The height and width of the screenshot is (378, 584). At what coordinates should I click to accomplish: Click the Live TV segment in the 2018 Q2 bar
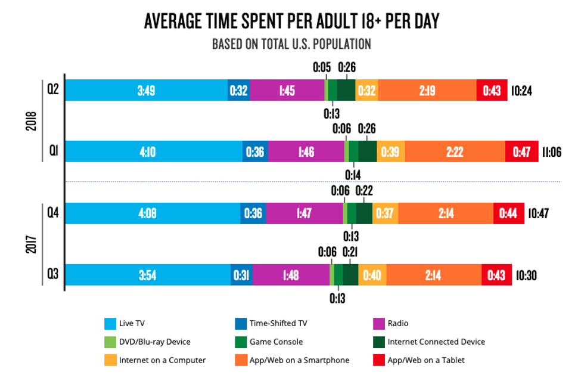coord(146,90)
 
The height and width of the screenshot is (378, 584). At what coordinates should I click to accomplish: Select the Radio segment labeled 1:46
coord(306,151)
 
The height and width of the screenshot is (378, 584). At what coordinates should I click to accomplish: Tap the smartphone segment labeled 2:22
coord(455,151)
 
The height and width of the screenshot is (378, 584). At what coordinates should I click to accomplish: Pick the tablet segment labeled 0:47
coord(521,151)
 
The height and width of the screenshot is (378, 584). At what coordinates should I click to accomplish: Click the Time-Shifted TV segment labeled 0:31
coord(241,275)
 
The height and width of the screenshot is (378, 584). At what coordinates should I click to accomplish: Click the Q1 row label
coord(53,151)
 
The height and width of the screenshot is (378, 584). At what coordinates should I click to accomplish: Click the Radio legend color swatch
coord(378,324)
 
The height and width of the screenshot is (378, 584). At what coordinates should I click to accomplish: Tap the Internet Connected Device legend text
coord(436,342)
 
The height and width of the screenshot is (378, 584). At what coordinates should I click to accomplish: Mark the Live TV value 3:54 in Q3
coord(147,275)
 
